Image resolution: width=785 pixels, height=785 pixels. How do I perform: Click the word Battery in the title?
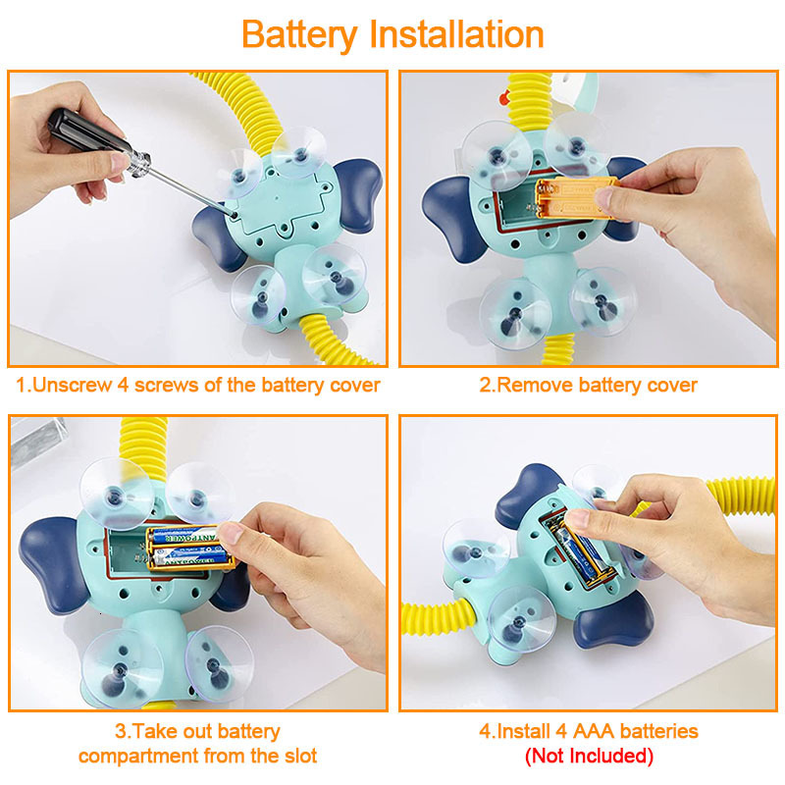click(x=299, y=34)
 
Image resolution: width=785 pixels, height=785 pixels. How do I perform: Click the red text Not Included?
click(x=588, y=756)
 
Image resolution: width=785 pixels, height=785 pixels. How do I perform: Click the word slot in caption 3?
click(x=295, y=756)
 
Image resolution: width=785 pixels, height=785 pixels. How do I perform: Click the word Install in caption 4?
click(x=521, y=731)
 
